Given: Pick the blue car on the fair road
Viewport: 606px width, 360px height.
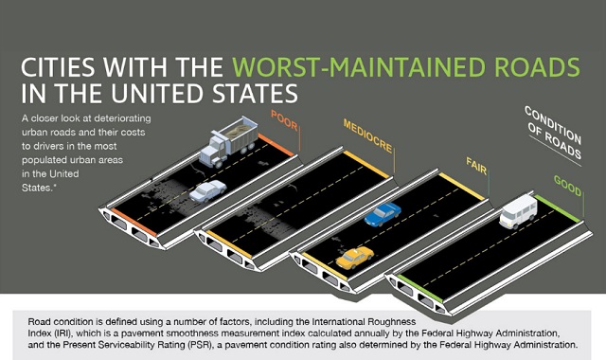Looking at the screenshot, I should [x=383, y=214].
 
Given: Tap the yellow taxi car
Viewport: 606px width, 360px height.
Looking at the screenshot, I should [x=354, y=256].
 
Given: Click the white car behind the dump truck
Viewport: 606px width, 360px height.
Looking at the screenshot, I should [x=207, y=190].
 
